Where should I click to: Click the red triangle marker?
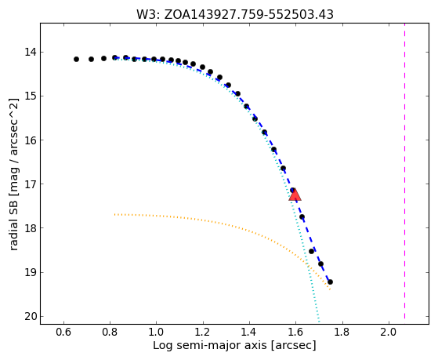point(295,195)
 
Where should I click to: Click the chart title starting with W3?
point(234,15)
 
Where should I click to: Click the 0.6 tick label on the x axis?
point(63,332)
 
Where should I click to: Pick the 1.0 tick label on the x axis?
point(157,332)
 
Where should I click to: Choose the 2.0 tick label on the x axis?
point(389,332)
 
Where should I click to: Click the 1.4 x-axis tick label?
point(249,332)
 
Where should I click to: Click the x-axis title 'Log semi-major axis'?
point(209,346)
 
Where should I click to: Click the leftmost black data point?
point(76,60)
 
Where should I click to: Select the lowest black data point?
point(330,282)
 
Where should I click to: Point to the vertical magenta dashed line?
point(404,171)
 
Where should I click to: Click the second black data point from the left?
point(91,60)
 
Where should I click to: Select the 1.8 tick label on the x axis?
point(342,332)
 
